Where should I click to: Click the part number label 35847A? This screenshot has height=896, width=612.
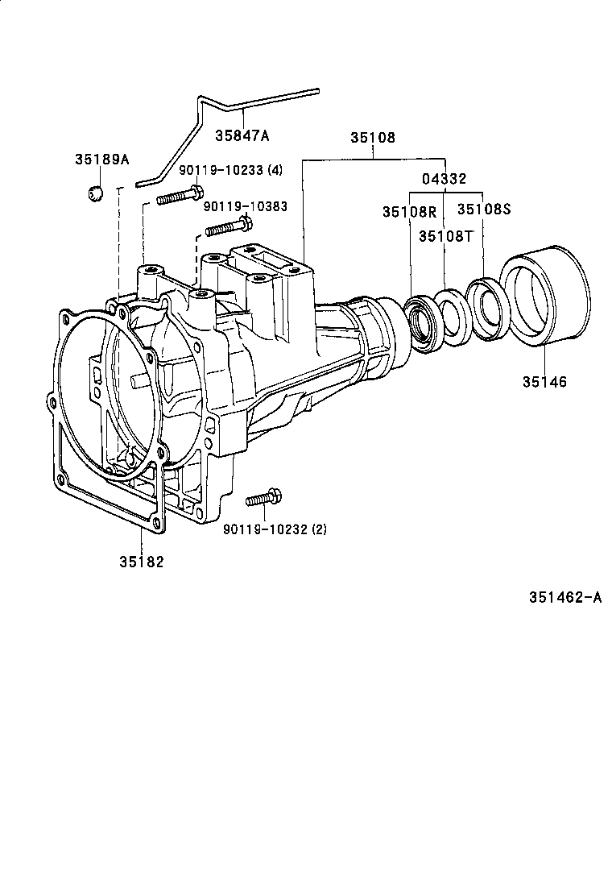[x=242, y=135]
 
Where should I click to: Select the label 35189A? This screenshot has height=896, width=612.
[x=102, y=160]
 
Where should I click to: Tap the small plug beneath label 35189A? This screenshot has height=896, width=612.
[x=95, y=193]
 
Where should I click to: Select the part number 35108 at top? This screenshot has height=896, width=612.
[x=372, y=138]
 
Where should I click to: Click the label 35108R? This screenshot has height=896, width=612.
[x=408, y=212]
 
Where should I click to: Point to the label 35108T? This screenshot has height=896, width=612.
[x=445, y=236]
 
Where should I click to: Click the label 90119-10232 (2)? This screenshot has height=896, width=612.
[x=275, y=529]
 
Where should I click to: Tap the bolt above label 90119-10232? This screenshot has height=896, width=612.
[x=263, y=500]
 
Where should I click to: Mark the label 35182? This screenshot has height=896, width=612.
[x=142, y=562]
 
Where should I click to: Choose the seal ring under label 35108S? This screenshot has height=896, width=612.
[x=486, y=309]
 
